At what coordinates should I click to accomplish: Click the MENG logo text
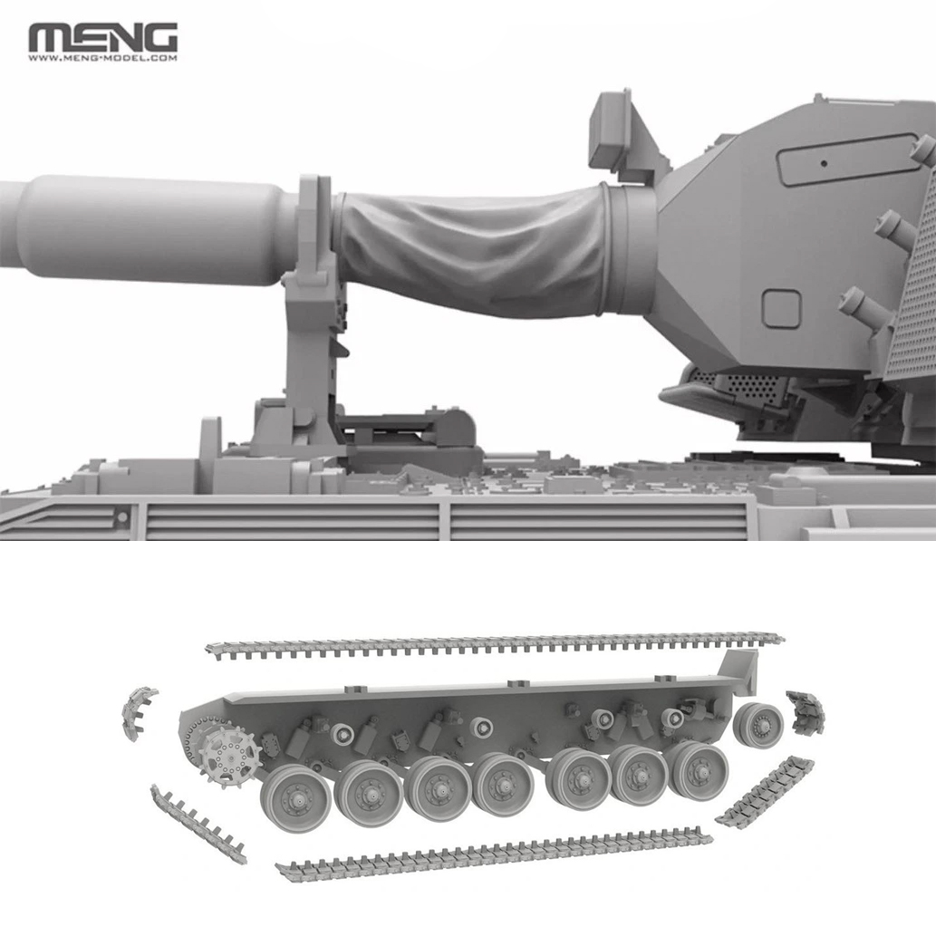[x=102, y=38]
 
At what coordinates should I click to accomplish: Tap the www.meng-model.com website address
[x=102, y=59]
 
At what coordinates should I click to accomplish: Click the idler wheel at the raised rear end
[x=758, y=724]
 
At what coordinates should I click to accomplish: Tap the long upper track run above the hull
[x=495, y=645]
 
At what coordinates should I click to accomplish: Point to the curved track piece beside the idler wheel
[x=806, y=711]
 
